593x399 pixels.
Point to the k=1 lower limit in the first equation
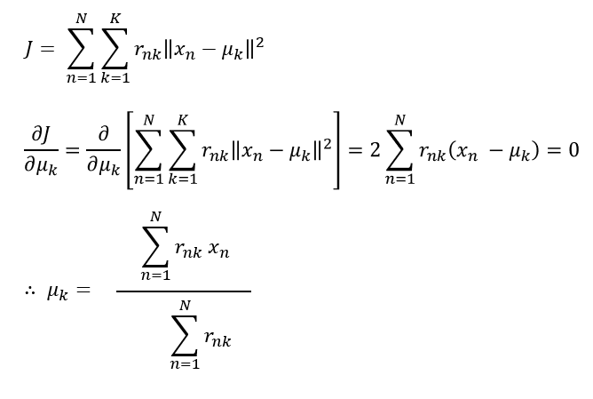pos(115,80)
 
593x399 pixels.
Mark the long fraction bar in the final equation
pos(184,291)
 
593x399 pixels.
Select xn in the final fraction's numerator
pos(218,253)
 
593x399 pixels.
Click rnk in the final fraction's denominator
pos(217,338)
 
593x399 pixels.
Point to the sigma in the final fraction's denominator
pos(185,335)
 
